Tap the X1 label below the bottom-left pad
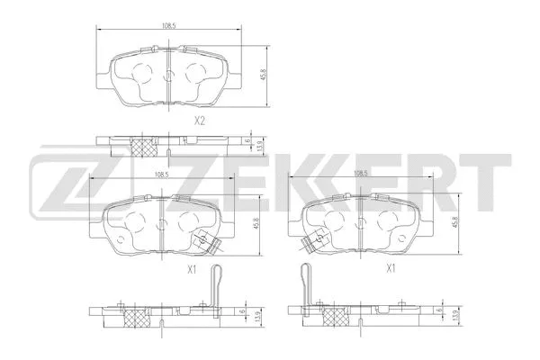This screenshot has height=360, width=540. coord(192,268)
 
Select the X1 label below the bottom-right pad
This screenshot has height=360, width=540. coord(391,268)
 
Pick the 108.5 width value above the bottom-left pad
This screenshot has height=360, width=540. coord(162,175)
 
